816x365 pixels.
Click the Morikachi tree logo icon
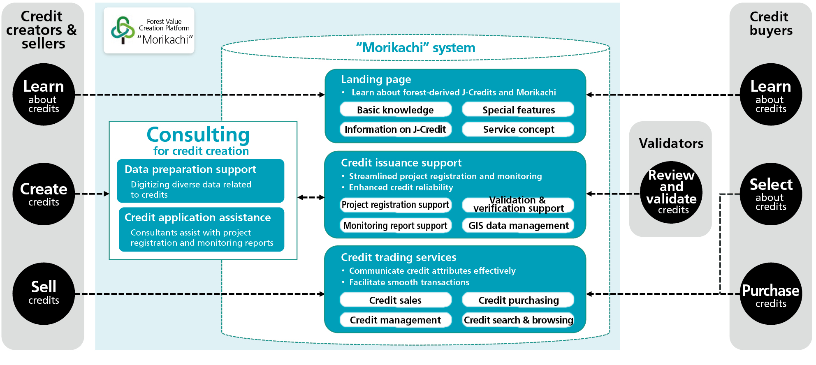[x=123, y=30]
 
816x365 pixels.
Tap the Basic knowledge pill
[x=395, y=110]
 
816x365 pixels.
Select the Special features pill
[x=518, y=110]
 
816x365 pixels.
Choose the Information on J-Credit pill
[x=395, y=129]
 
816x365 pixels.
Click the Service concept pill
[x=518, y=129]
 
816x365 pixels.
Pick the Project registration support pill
[x=395, y=205]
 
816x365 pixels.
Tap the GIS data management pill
[x=518, y=226]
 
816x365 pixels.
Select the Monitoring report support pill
[x=395, y=226]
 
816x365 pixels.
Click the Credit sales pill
[x=395, y=300]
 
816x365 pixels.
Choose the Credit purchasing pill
[x=518, y=300]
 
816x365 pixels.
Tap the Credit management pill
[x=395, y=320]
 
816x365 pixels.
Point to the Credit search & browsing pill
[x=518, y=320]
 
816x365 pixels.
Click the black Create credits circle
[x=44, y=194]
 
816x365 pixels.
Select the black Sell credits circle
[x=44, y=293]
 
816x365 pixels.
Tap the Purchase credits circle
[x=771, y=293]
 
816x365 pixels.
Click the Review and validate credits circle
[x=671, y=192]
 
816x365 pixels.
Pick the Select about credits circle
[x=771, y=194]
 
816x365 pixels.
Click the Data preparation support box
[x=200, y=181]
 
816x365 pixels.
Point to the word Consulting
[x=198, y=135]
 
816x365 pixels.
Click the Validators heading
[x=671, y=143]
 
